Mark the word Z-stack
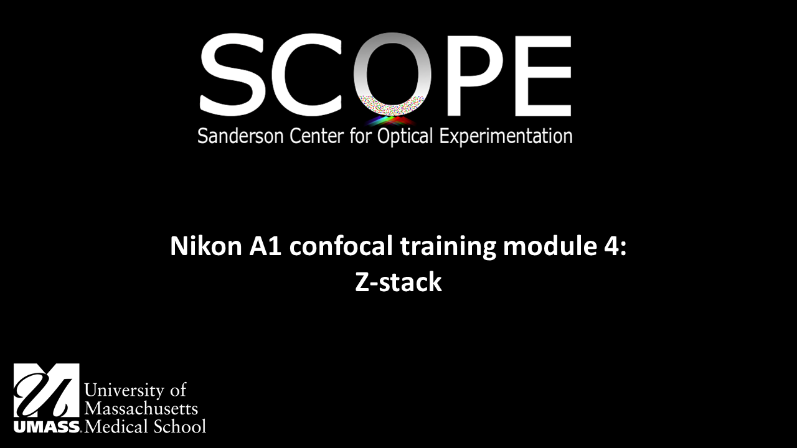point(398,282)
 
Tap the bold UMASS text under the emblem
point(46,427)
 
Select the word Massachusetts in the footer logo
point(141,408)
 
